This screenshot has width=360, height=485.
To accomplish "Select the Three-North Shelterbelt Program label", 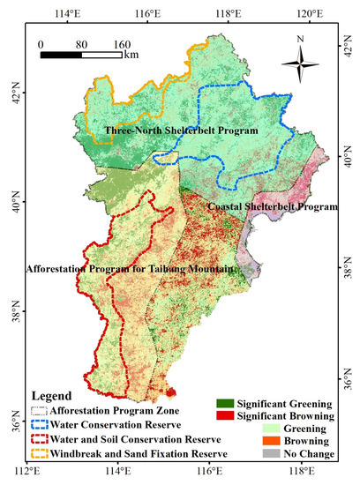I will [x=181, y=131].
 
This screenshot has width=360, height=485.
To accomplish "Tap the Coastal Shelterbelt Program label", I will [x=272, y=206].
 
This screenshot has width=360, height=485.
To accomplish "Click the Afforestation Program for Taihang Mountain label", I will [x=131, y=268].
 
